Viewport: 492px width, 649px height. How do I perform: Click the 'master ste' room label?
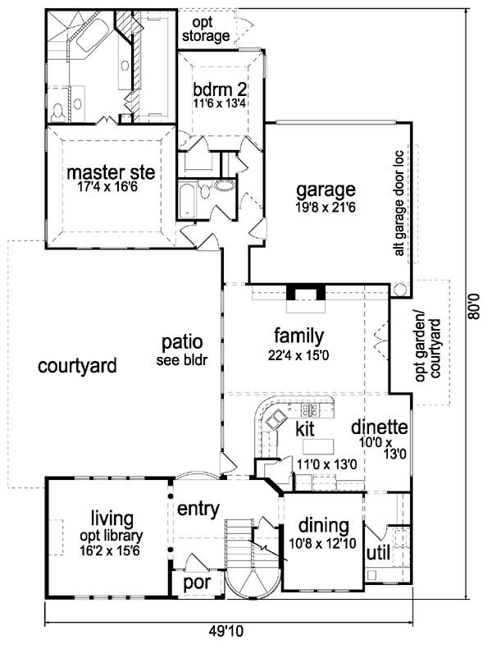pos(111,172)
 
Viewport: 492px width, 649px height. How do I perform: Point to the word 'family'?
pos(298,336)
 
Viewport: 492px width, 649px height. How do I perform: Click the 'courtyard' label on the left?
pos(77,363)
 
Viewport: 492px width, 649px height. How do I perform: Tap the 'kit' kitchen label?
pos(305,429)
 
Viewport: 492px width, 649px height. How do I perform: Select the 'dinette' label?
pos(380,427)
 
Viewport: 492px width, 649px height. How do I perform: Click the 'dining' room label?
pos(323,525)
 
